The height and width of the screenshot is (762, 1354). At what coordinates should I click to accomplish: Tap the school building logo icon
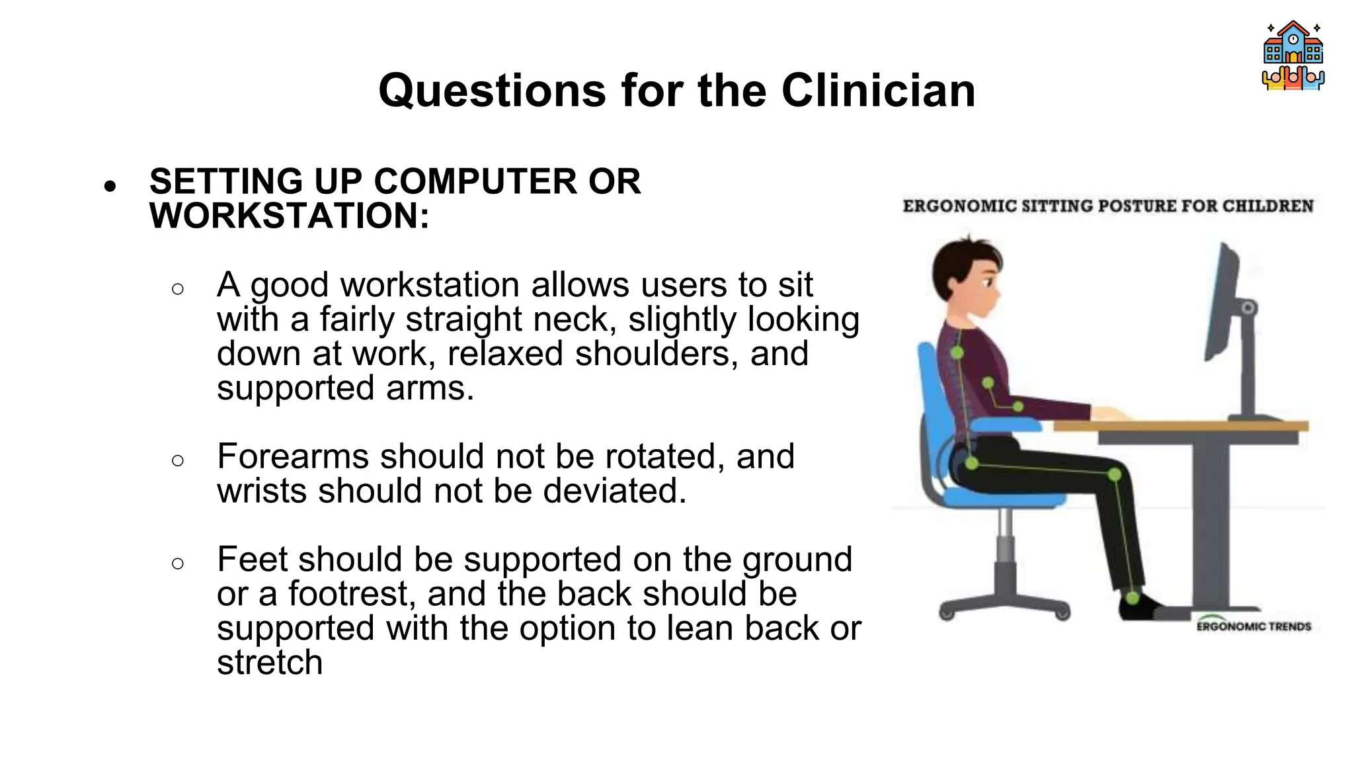pyautogui.click(x=1293, y=56)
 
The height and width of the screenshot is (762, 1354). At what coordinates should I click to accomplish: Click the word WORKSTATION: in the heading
pyautogui.click(x=290, y=216)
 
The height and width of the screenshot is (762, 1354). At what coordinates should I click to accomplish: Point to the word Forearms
pyautogui.click(x=293, y=456)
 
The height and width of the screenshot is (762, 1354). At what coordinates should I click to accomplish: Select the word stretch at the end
pyautogui.click(x=270, y=663)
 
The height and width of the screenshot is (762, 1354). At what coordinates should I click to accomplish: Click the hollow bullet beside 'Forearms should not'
pyautogui.click(x=177, y=460)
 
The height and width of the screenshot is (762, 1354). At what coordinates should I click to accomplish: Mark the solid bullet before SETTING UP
pyautogui.click(x=110, y=186)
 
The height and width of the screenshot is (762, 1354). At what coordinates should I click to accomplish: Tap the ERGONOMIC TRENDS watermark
pyautogui.click(x=1254, y=626)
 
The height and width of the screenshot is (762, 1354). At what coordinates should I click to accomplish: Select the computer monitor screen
pyautogui.click(x=1221, y=301)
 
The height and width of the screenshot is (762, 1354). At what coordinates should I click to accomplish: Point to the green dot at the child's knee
pyautogui.click(x=1115, y=474)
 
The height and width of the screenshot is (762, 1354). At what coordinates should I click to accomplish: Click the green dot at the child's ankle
pyautogui.click(x=1132, y=598)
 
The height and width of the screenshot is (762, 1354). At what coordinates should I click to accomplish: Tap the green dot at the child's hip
pyautogui.click(x=971, y=463)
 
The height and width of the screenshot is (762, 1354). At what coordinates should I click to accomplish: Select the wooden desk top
pyautogui.click(x=1181, y=426)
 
